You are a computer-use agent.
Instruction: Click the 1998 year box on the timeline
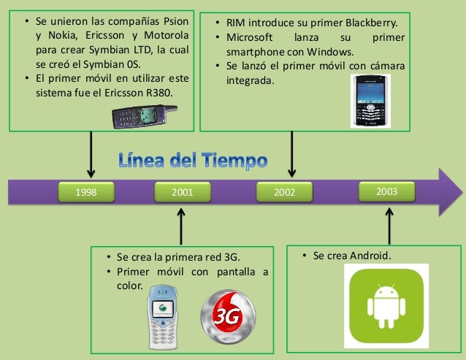pos(86,193)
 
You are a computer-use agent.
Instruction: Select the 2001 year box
pos(182,193)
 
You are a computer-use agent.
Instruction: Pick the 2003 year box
pos(386,191)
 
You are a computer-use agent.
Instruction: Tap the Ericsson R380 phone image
pos(144,115)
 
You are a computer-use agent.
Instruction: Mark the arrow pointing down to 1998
pos(91,154)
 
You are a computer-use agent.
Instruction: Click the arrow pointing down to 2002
pos(291,154)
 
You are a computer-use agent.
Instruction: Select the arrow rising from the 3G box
pos(181,226)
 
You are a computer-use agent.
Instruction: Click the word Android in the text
pos(369,256)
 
